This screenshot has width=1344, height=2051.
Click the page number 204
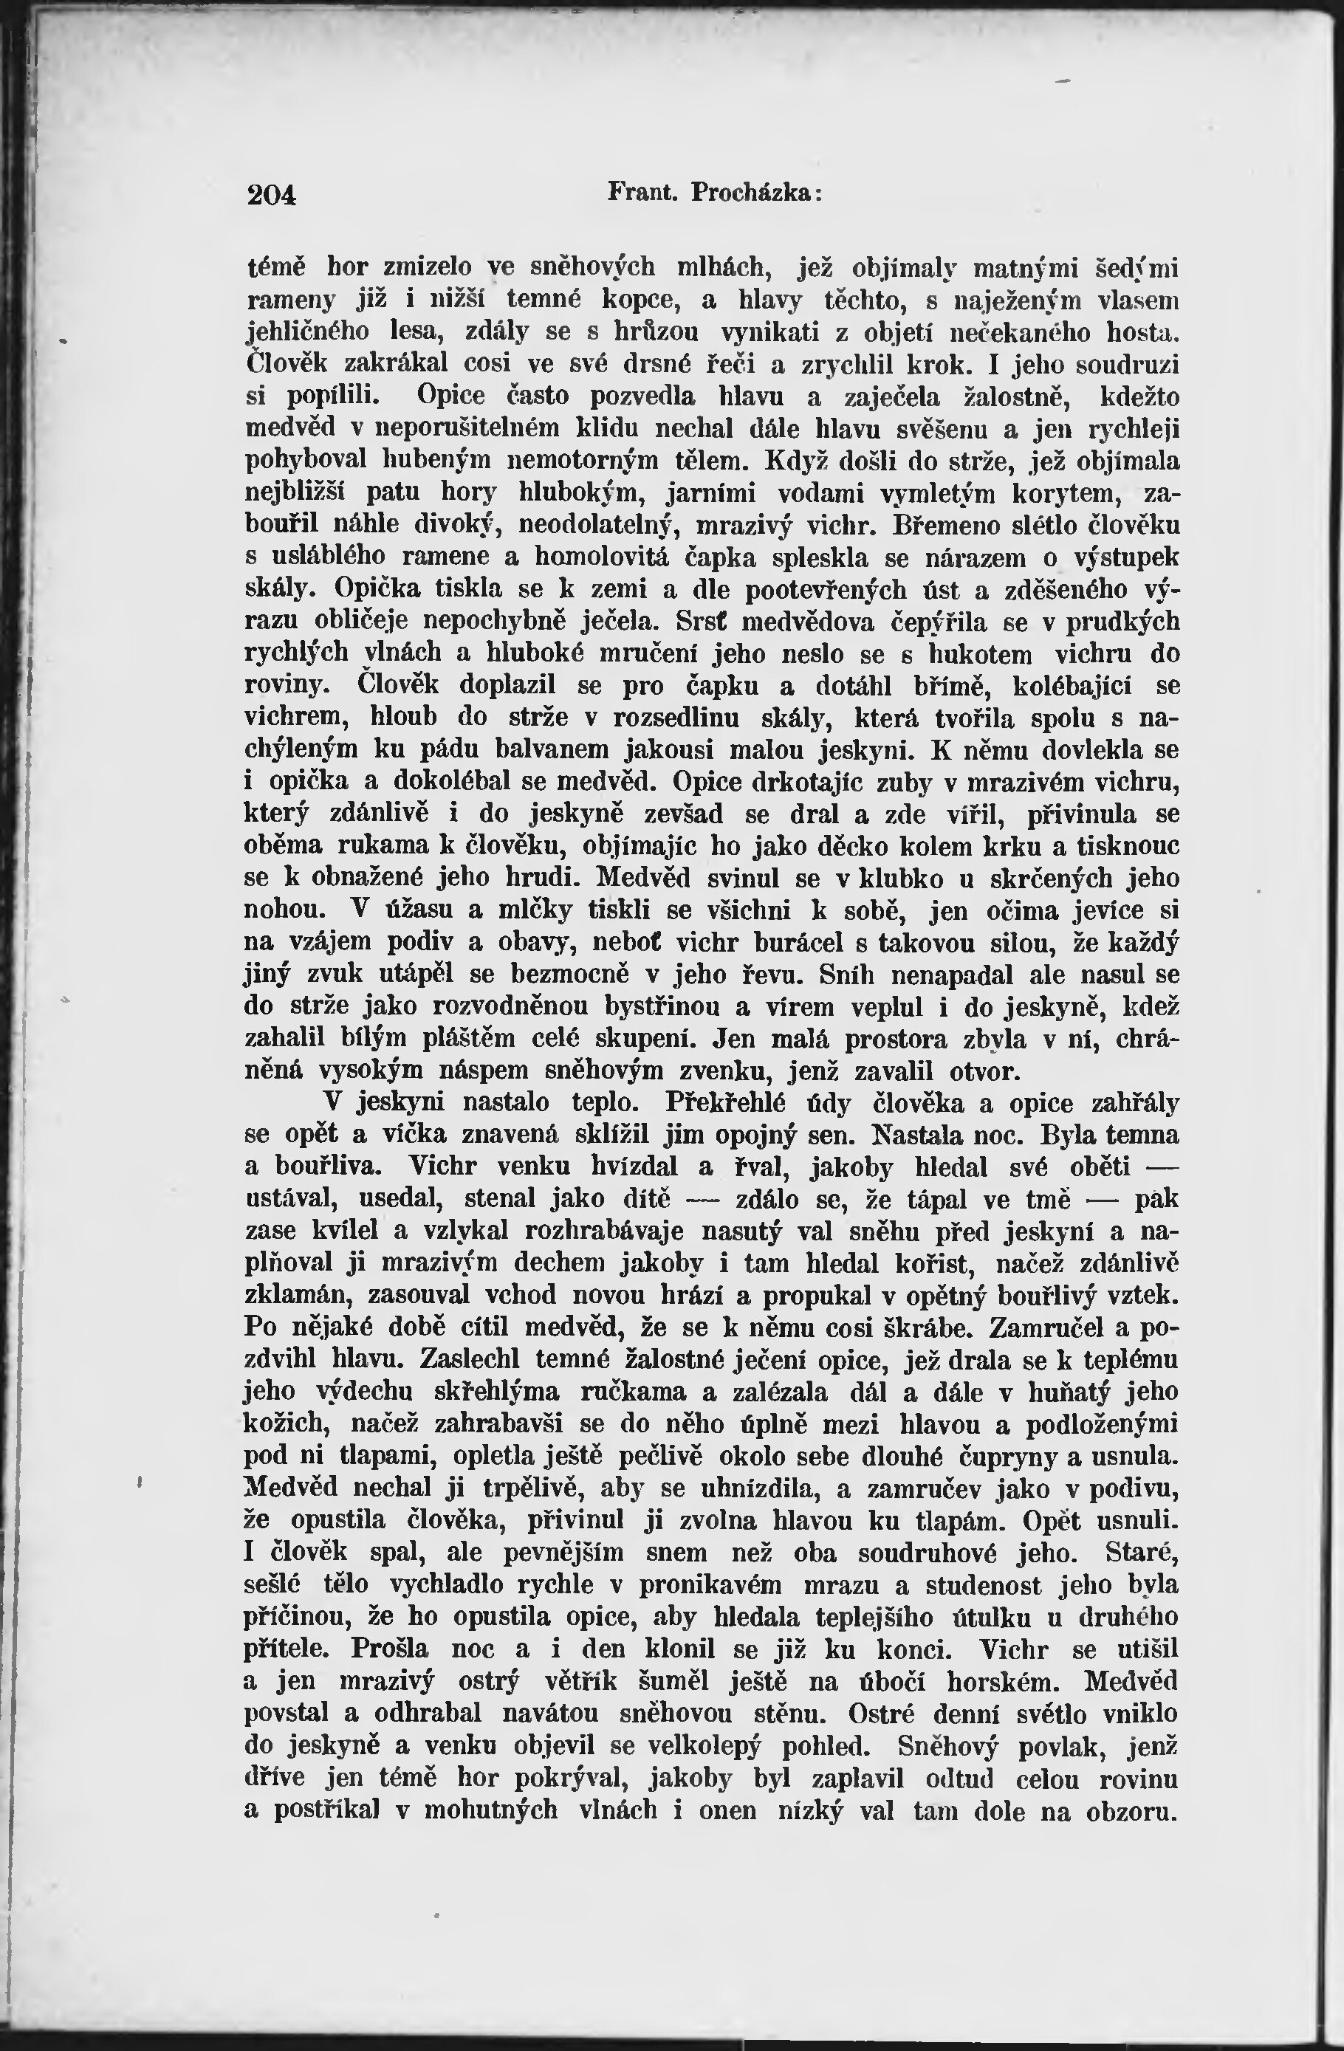272,195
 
